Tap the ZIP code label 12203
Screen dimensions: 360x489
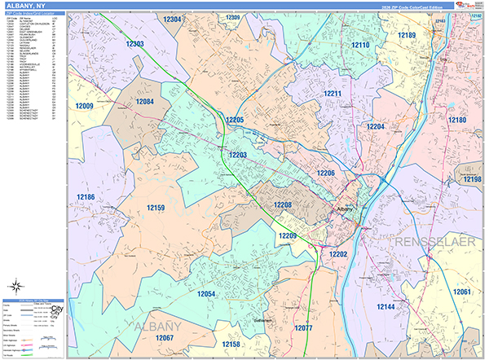click(238, 155)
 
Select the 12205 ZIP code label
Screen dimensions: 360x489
click(235, 120)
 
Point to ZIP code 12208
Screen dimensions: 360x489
click(283, 204)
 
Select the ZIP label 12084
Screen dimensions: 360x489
click(144, 102)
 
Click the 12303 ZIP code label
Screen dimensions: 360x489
click(135, 44)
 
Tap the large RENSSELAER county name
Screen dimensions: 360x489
click(433, 244)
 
